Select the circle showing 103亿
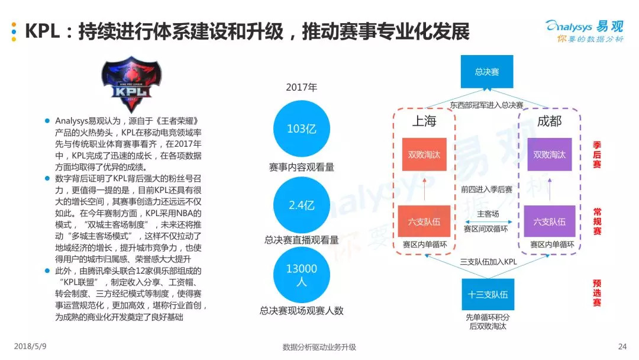[302, 129]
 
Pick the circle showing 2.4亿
[302, 205]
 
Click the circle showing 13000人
[302, 275]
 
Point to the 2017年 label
[302, 87]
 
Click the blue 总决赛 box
[487, 72]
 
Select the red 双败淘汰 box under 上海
[424, 155]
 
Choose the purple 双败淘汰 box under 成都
[549, 155]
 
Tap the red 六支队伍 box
[424, 222]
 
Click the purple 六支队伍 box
[549, 222]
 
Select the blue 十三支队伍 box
[487, 294]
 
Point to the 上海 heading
[424, 121]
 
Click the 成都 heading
[549, 121]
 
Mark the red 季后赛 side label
[598, 155]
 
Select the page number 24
[621, 347]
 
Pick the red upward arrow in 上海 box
[424, 188]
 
